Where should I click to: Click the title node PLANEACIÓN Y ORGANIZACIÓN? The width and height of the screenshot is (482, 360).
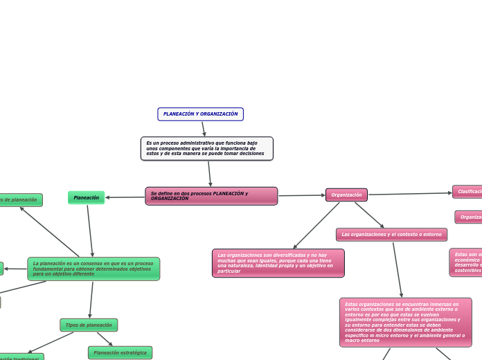tap(200, 114)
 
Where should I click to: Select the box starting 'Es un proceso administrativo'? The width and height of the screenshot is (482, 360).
tap(206, 148)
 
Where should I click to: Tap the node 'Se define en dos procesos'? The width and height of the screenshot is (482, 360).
tap(211, 196)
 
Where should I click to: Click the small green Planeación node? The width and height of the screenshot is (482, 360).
tap(87, 198)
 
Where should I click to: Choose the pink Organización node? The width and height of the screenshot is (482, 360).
tap(346, 195)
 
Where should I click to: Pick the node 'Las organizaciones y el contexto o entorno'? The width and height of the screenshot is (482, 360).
tap(391, 235)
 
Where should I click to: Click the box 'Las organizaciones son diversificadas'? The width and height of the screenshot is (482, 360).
tap(278, 263)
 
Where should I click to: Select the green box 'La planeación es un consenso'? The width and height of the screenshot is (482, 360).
tap(93, 269)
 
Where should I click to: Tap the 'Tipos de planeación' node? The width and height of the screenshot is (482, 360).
tap(89, 325)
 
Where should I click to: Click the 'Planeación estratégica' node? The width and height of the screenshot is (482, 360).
tap(120, 353)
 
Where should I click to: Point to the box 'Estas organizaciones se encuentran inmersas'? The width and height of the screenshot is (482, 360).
tap(405, 322)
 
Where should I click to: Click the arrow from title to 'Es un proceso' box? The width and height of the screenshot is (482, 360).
tap(204, 129)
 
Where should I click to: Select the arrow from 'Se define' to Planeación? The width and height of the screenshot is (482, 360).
tap(125, 197)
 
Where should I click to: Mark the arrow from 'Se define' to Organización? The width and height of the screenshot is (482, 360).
tap(301, 195)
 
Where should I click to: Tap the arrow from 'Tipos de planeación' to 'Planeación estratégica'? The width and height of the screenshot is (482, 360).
tap(105, 339)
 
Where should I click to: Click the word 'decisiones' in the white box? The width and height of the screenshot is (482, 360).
tap(251, 154)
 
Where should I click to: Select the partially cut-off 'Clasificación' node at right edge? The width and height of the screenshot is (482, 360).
tap(468, 191)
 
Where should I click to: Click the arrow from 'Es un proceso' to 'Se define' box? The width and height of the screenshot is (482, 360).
tap(209, 173)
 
